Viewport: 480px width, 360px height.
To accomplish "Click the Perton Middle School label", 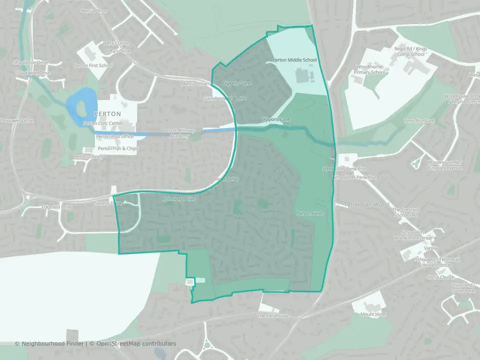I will point(294,60).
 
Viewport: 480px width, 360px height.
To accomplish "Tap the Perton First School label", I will point(93,65).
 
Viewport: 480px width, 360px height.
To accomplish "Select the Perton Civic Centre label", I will point(102,123).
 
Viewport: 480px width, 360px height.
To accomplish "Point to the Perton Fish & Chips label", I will point(118,148).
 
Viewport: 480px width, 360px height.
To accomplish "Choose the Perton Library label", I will point(89,156).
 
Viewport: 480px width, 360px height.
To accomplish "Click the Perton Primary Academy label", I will point(179,133).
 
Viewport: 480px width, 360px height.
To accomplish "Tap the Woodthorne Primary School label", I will point(370,69).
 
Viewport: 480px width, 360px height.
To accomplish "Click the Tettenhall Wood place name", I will point(366,205).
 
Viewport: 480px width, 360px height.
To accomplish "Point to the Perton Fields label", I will point(310,213).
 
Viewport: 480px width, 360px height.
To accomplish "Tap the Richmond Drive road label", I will point(178,199).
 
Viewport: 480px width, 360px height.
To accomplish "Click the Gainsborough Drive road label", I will point(225,98).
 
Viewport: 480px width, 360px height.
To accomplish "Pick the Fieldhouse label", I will point(273,316).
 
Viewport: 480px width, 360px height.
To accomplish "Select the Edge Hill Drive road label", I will point(57,207).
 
